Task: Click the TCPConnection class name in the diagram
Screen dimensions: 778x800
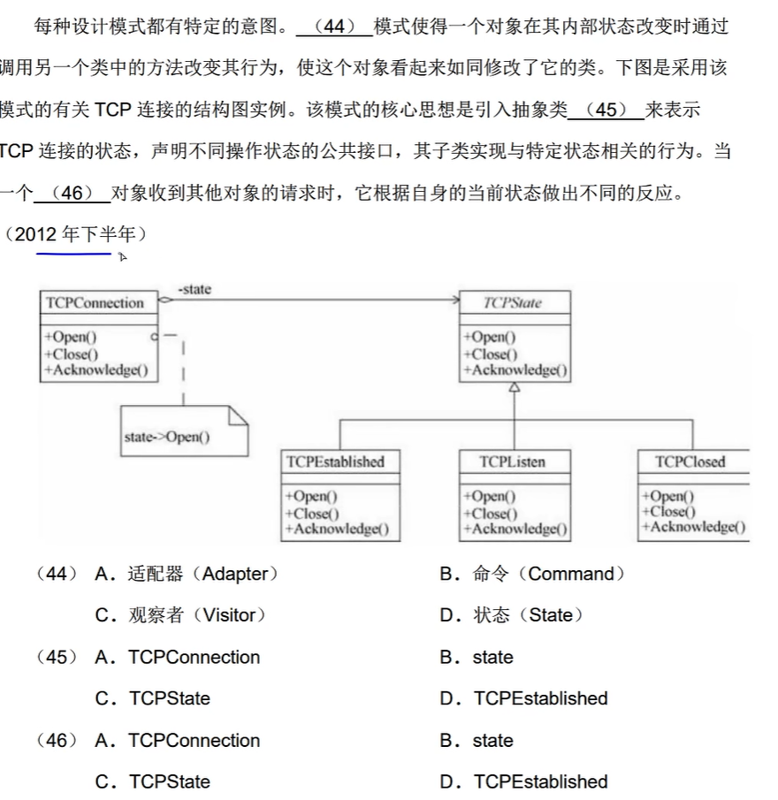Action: pos(95,303)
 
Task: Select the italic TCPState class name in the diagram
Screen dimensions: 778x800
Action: pos(513,303)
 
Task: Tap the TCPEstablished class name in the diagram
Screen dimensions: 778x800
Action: pos(336,461)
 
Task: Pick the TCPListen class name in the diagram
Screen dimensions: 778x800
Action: pos(513,461)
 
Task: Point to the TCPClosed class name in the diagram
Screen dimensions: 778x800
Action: pos(690,461)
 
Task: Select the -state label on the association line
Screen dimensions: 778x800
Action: pos(194,289)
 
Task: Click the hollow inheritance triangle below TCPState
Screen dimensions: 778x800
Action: pos(515,388)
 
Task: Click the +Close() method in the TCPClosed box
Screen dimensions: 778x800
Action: pos(668,511)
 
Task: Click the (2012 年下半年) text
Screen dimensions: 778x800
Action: pos(76,234)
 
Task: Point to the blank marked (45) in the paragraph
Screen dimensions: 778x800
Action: pos(606,110)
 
